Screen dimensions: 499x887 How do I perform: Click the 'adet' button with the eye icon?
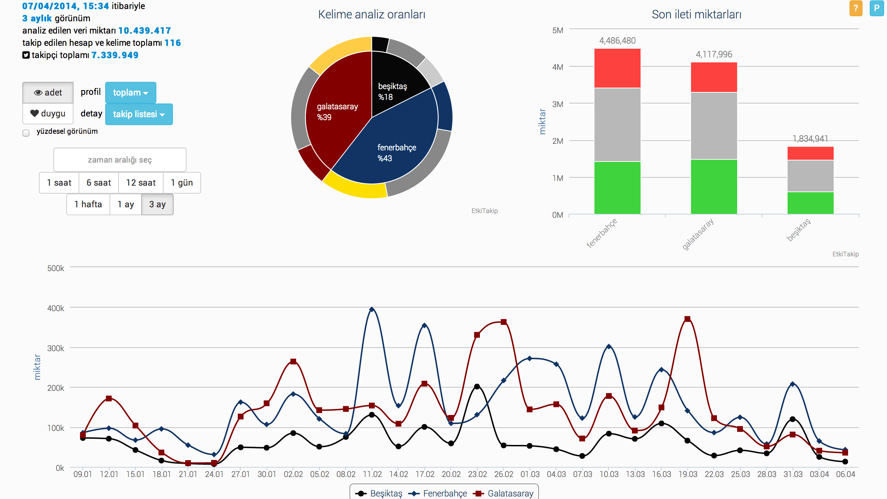click(48, 93)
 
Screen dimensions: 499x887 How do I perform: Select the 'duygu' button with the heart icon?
click(48, 114)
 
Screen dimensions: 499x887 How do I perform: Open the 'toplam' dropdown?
click(130, 93)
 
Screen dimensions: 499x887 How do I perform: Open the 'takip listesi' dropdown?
click(139, 114)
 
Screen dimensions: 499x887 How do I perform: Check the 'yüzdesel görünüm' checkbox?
click(26, 133)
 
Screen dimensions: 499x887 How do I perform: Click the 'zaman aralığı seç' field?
click(120, 160)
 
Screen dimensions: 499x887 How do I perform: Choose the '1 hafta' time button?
click(88, 204)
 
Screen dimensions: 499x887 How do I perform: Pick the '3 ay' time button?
click(157, 204)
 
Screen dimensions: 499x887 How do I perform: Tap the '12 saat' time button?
click(141, 183)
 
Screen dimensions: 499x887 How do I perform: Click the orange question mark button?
click(856, 8)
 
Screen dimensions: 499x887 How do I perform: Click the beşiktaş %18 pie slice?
click(396, 83)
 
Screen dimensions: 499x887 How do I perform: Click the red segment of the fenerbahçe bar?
click(617, 68)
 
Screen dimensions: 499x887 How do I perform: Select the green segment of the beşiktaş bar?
click(810, 203)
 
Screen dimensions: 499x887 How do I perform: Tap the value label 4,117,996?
click(714, 54)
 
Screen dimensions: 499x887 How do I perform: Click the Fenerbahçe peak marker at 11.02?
click(372, 309)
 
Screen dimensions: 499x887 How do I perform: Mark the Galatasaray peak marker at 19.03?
click(687, 319)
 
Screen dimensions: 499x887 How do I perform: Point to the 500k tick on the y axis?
click(55, 268)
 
